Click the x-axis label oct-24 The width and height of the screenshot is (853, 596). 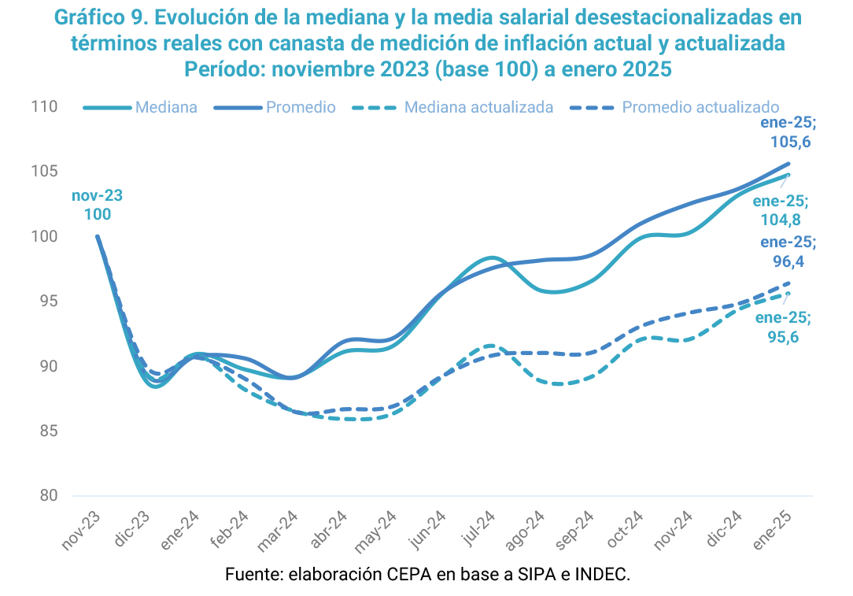[626, 529]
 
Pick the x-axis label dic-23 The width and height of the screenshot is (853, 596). [135, 529]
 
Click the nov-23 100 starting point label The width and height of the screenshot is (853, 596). [98, 205]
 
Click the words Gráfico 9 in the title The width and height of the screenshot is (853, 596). [94, 17]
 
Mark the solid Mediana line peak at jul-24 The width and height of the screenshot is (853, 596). [492, 257]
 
